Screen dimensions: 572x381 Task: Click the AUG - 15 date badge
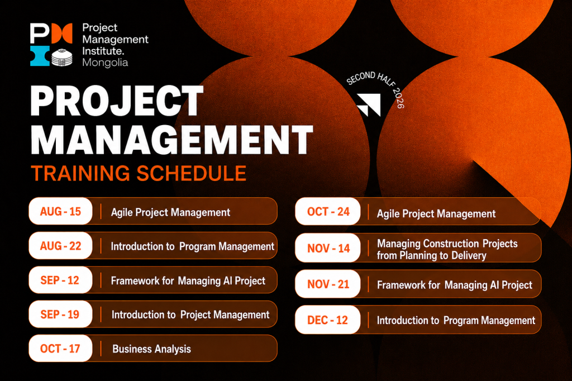(x=60, y=211)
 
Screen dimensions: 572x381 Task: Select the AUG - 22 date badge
(x=60, y=246)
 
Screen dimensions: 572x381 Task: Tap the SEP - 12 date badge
(x=60, y=280)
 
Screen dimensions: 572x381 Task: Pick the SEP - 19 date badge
(x=60, y=314)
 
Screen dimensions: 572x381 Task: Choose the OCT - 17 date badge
(x=60, y=349)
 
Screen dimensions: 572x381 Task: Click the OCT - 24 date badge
(x=328, y=211)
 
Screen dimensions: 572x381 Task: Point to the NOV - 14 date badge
(x=328, y=248)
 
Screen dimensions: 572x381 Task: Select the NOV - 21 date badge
(x=328, y=284)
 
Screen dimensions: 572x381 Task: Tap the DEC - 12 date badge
(x=328, y=320)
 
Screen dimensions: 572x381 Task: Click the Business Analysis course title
(x=151, y=349)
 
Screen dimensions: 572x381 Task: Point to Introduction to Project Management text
(x=190, y=315)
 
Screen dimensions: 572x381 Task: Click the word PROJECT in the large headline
(x=117, y=101)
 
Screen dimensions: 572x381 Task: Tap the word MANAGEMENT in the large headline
(x=171, y=140)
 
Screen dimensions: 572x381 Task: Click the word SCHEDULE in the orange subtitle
(x=192, y=173)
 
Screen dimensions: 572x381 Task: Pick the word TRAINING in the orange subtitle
(x=80, y=173)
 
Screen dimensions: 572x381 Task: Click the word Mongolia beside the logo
(x=105, y=63)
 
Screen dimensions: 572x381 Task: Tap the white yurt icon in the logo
(x=61, y=58)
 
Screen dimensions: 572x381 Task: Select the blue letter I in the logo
(x=40, y=56)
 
